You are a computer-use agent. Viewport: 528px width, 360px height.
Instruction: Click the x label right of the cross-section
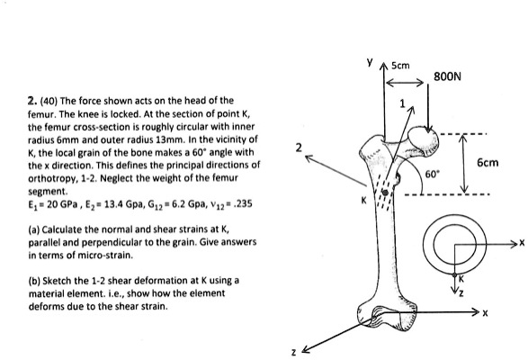coord(519,241)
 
